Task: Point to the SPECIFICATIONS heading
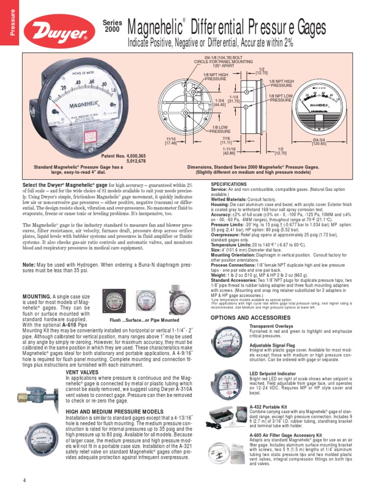(x=229, y=184)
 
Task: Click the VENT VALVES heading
(x=82, y=372)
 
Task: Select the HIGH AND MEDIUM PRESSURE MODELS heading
(x=114, y=412)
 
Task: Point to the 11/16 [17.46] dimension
(x=171, y=142)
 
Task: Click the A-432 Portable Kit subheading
(x=268, y=406)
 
